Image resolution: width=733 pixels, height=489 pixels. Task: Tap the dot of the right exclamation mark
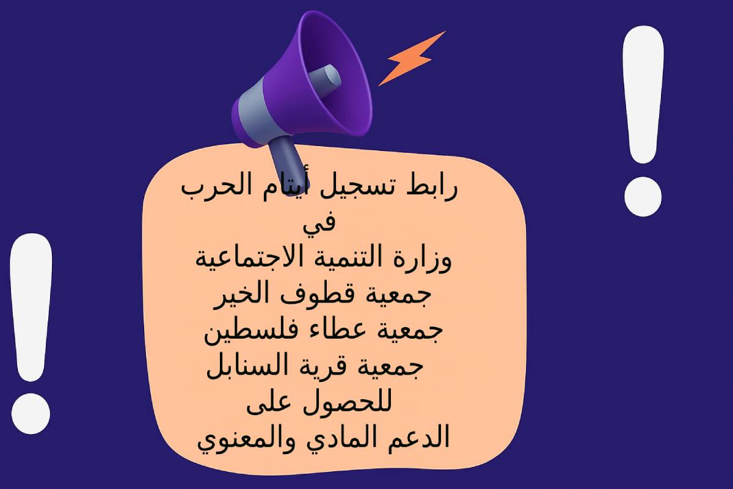pos(643,197)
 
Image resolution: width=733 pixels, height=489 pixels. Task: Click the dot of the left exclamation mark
pos(31,414)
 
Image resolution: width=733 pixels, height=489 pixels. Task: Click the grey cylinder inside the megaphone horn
pos(324,80)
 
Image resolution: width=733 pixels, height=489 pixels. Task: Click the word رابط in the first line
pos(432,188)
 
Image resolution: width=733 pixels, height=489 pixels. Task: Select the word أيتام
pos(286,186)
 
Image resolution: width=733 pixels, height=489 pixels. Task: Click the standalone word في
pos(319,224)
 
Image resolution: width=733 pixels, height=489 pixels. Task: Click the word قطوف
pos(313,293)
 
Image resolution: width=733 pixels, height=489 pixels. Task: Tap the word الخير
pos(241,294)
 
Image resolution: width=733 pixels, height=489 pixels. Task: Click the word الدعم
pos(418,438)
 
